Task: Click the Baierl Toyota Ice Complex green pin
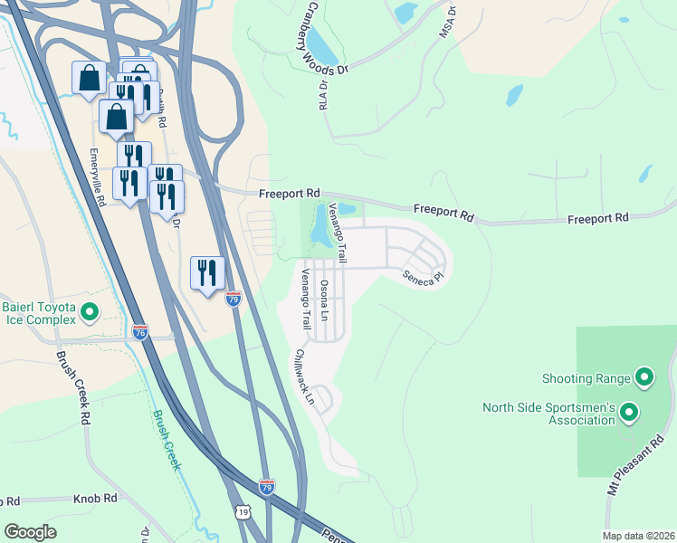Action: [89, 313]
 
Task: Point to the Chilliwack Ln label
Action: [303, 376]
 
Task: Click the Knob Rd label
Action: [97, 498]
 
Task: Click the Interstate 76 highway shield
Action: [139, 332]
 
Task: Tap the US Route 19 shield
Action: [243, 512]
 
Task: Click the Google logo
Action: [30, 531]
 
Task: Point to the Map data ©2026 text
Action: [637, 536]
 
